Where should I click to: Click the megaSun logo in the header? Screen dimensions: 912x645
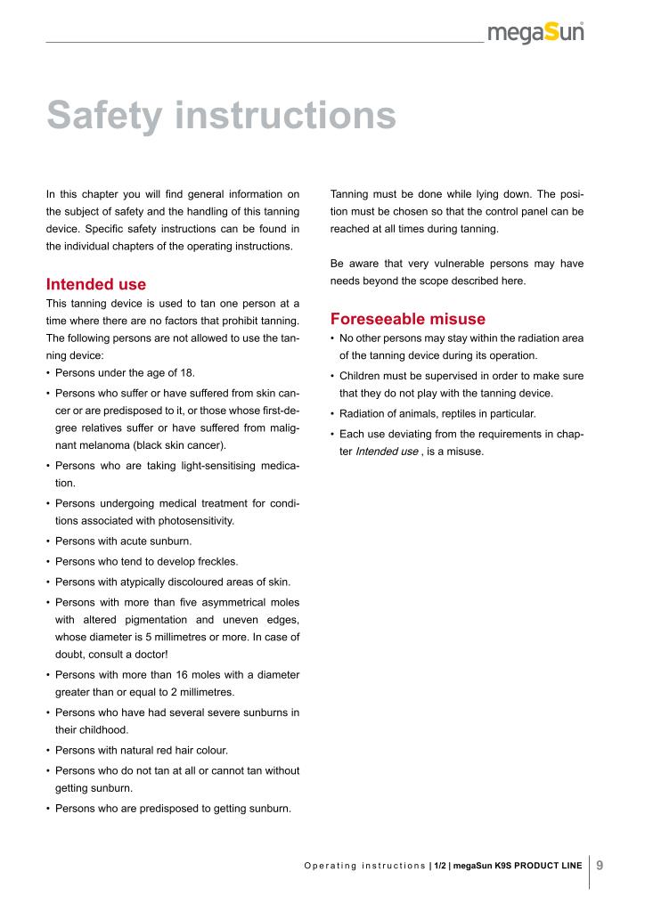[x=535, y=32]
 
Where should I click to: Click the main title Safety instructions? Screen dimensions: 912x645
[x=221, y=116]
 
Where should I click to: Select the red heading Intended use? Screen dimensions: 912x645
[x=95, y=285]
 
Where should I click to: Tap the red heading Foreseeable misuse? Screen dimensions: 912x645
[x=407, y=318]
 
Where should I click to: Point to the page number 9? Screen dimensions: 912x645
[x=600, y=865]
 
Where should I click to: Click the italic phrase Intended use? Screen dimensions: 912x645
[x=386, y=452]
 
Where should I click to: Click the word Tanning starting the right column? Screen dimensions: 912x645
[x=351, y=192]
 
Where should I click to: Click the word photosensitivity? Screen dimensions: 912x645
[x=192, y=520]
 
